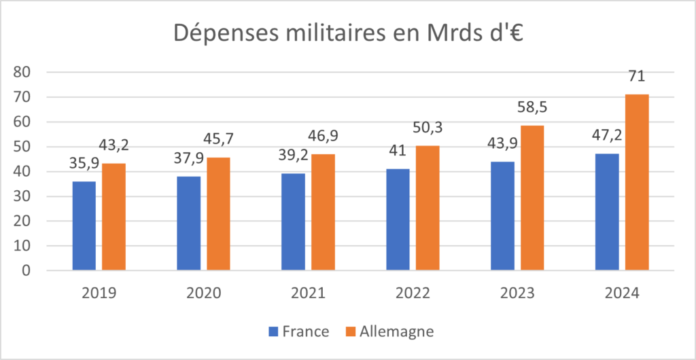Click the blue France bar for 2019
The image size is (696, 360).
[84, 226]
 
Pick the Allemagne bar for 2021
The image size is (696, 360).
[324, 212]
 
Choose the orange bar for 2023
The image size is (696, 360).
[532, 198]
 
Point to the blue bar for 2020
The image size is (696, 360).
[188, 223]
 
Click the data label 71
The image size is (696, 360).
[637, 77]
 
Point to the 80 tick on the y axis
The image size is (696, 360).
[29, 72]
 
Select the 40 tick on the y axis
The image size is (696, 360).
[29, 171]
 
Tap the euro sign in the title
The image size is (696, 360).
[514, 33]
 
